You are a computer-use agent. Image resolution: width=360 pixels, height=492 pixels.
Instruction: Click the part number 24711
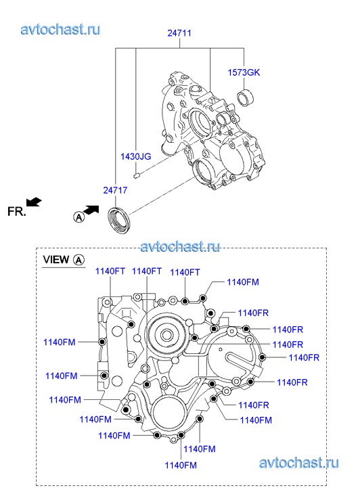tap(179, 33)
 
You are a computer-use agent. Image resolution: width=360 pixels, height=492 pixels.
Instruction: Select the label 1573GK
tap(244, 72)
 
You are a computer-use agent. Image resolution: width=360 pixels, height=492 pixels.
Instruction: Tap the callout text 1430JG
tap(136, 156)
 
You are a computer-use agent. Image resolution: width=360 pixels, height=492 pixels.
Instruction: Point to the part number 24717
tap(116, 190)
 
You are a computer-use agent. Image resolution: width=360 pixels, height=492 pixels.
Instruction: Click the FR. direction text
tap(17, 211)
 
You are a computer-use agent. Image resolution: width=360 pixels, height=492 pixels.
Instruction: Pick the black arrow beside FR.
tap(34, 202)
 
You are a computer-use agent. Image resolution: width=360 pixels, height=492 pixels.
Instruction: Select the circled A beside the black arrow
tap(78, 217)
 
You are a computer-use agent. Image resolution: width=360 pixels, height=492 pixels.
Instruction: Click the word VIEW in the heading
tap(56, 259)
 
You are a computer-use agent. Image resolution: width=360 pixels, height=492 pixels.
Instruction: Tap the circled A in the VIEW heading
tap(78, 260)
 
